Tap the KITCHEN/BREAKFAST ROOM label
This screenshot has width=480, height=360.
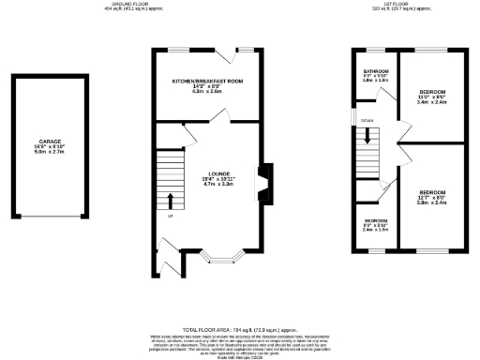click(x=207, y=82)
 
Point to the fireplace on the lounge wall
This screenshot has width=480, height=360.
click(x=267, y=184)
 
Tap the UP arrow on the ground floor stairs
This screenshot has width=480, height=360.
click(x=171, y=202)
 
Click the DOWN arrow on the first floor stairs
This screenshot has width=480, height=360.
click(x=368, y=134)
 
